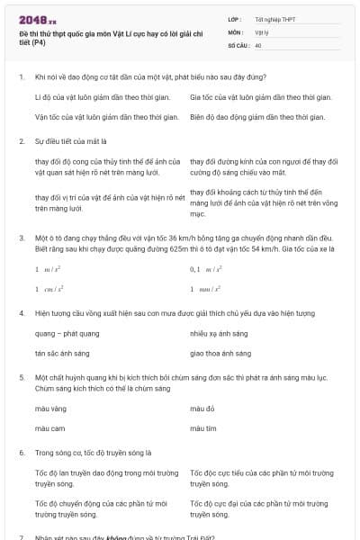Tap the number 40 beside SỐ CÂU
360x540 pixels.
coord(258,44)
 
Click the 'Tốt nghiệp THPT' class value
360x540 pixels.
coord(274,18)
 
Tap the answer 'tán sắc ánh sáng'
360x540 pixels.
coord(63,354)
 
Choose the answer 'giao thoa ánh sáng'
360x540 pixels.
coord(219,354)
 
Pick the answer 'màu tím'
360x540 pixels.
coord(203,428)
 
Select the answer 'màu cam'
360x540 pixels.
coord(50,428)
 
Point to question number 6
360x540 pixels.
coord(21,453)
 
